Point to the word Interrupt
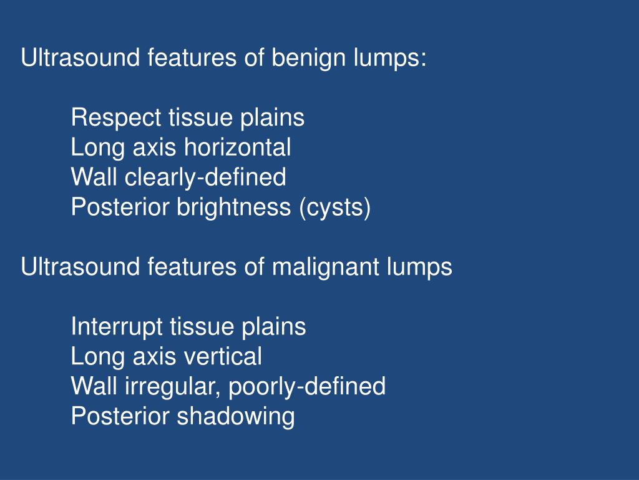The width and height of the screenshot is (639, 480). pos(117,326)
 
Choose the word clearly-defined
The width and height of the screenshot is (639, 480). pos(205,177)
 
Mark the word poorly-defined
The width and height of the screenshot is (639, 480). pos(307,386)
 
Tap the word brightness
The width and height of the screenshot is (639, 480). pos(232,207)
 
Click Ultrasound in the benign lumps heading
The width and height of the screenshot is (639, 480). pos(80,59)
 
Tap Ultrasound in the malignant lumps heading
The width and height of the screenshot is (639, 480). pos(80,267)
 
